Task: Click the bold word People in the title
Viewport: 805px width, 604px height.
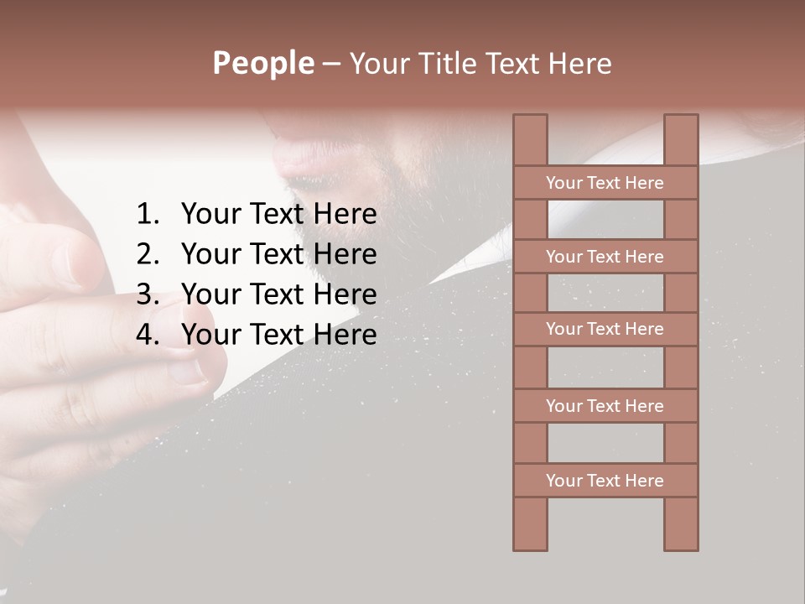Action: point(262,63)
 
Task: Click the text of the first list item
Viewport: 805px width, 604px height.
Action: point(278,215)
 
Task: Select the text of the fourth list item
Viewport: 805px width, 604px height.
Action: point(278,335)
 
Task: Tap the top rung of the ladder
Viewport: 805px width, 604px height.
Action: point(605,183)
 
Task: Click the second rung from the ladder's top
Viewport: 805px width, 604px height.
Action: point(605,257)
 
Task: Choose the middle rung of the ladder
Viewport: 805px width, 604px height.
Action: point(605,330)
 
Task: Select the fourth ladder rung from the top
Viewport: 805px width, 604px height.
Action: point(605,406)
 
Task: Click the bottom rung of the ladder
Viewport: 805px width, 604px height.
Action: point(605,481)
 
